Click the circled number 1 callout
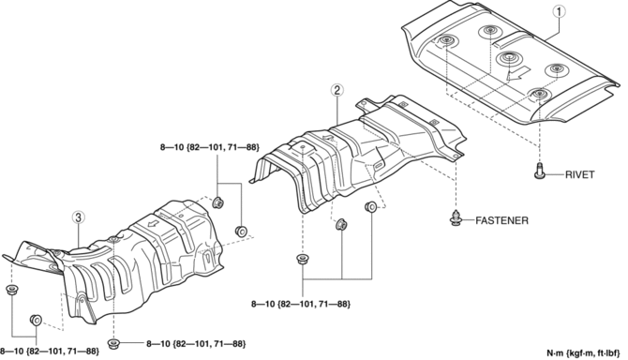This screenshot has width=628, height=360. click(x=560, y=11)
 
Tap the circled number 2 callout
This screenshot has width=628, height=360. click(x=336, y=91)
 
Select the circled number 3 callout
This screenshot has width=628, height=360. click(x=78, y=217)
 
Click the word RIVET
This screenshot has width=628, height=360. click(x=579, y=174)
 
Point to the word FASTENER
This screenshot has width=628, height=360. click(x=501, y=220)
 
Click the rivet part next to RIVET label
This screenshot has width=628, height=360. click(x=540, y=171)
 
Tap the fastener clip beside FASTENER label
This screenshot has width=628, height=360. click(x=456, y=217)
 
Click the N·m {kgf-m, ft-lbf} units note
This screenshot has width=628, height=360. click(x=583, y=353)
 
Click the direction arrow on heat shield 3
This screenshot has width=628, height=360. click(x=152, y=222)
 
